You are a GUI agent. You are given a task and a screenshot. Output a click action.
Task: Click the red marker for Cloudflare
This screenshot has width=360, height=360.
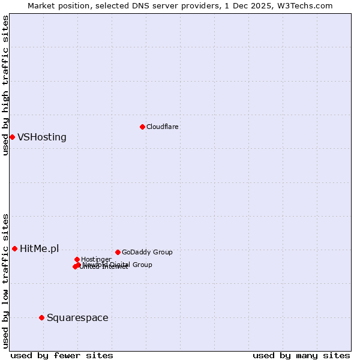tap(142, 127)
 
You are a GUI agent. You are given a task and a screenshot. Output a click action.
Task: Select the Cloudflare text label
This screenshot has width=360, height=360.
tap(163, 127)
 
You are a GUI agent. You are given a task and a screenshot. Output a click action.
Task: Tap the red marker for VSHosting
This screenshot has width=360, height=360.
tap(12, 137)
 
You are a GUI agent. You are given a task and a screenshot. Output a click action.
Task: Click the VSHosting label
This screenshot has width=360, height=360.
tap(42, 137)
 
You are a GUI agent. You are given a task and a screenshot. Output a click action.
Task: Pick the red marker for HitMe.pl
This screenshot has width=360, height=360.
tap(14, 248)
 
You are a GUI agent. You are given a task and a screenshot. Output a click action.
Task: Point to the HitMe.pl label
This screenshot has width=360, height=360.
tap(40, 248)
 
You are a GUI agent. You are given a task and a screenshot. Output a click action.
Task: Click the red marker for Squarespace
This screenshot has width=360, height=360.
tap(41, 317)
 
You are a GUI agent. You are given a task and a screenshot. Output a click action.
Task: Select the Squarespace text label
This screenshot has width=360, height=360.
tap(77, 317)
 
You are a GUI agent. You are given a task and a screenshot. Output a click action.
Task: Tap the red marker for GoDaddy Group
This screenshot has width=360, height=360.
tap(118, 252)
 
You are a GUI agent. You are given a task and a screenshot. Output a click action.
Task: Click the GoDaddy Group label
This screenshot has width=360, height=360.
tap(147, 252)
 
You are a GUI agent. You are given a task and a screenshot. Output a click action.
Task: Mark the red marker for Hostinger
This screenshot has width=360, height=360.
tap(77, 259)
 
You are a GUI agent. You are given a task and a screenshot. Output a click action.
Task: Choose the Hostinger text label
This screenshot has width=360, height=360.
tap(96, 259)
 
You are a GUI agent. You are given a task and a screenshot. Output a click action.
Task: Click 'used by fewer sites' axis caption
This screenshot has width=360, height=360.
tap(62, 355)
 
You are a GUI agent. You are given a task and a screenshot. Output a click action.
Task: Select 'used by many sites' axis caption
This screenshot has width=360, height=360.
tap(301, 355)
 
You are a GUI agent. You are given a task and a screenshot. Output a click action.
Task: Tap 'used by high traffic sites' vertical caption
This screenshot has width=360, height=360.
tap(5, 85)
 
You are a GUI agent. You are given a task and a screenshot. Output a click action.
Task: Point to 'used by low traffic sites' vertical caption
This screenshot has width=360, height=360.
tap(5, 280)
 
